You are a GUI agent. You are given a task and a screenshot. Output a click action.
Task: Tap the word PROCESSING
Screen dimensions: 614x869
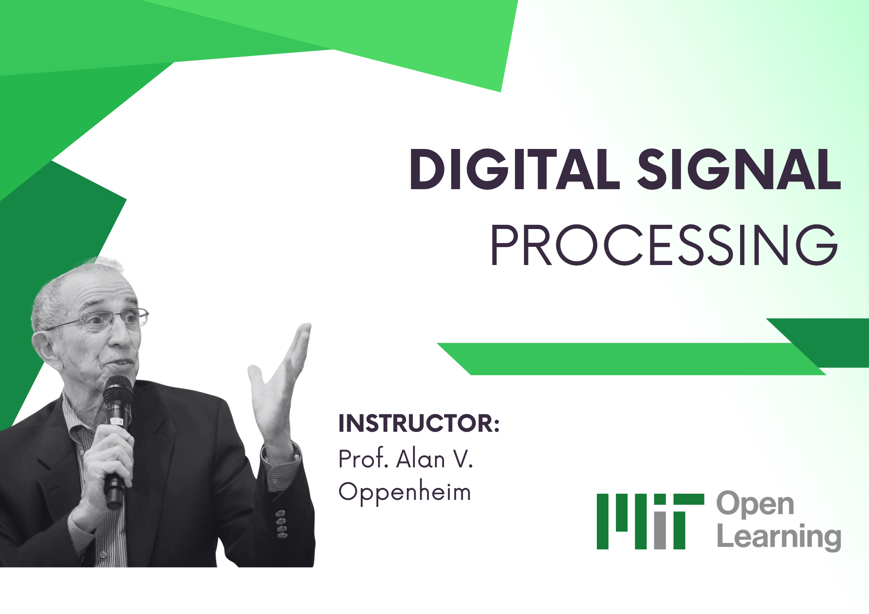tap(663, 245)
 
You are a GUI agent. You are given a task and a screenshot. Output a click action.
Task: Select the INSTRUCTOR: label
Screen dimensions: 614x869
tap(419, 423)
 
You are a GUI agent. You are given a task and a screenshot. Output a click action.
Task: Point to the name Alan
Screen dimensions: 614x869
tap(420, 459)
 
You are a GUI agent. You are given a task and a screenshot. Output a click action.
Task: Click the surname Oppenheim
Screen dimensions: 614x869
tap(405, 493)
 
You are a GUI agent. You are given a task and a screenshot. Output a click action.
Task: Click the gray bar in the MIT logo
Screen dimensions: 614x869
tap(660, 530)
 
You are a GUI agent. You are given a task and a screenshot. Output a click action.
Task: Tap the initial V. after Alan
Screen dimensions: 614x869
tap(463, 459)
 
